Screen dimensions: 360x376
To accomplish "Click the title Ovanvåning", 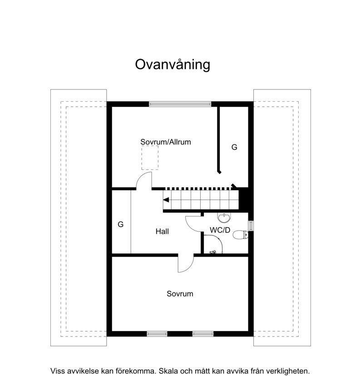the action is coord(173,64).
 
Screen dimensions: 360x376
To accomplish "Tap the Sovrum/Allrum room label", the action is coord(166,142).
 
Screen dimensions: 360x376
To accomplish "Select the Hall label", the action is coord(162,232).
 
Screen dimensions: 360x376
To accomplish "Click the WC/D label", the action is coord(220,230).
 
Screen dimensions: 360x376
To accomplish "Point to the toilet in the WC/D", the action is coord(241,234).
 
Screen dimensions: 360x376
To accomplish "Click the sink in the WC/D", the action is coord(224,218).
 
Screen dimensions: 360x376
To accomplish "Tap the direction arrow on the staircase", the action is coord(166,200).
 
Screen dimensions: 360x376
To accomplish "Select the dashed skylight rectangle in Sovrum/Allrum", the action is coord(150,158).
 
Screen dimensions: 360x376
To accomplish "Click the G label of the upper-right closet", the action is coord(234,147).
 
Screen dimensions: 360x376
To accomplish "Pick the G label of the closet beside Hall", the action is coord(121,224).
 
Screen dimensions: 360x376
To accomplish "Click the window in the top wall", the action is coord(180,104).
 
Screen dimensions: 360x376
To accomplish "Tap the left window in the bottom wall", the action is coord(157,334).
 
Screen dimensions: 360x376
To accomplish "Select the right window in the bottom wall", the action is coord(203,334).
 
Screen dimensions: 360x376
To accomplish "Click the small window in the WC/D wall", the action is coord(251,226).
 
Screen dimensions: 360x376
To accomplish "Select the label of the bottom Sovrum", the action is coord(180,294).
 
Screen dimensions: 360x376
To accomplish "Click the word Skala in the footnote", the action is coord(168,371).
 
